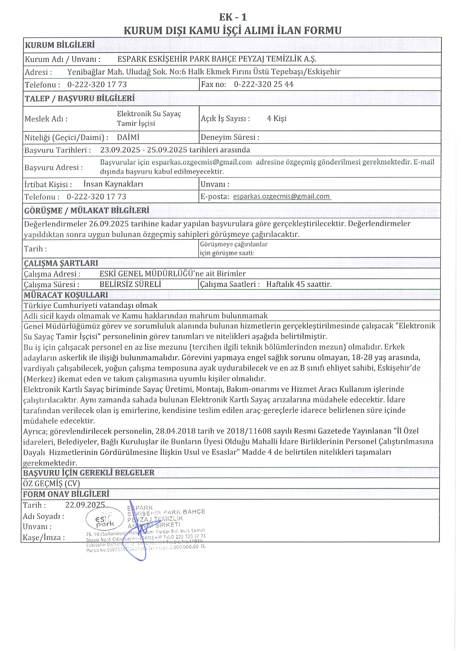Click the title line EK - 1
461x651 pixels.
(233, 17)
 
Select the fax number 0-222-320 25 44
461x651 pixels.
(263, 84)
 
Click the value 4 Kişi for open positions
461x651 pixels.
(277, 118)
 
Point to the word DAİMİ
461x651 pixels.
(128, 137)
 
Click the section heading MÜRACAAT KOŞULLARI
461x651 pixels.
(66, 295)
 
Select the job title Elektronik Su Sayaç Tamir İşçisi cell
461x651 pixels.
(149, 118)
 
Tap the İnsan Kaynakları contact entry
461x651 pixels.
(113, 184)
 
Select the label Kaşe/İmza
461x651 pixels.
(44, 538)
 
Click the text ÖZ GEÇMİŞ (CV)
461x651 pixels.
(51, 483)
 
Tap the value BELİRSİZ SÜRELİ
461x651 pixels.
(130, 284)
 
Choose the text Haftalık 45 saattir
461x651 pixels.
(299, 284)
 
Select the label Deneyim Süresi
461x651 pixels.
(230, 137)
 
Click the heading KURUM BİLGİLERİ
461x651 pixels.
(60, 45)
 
